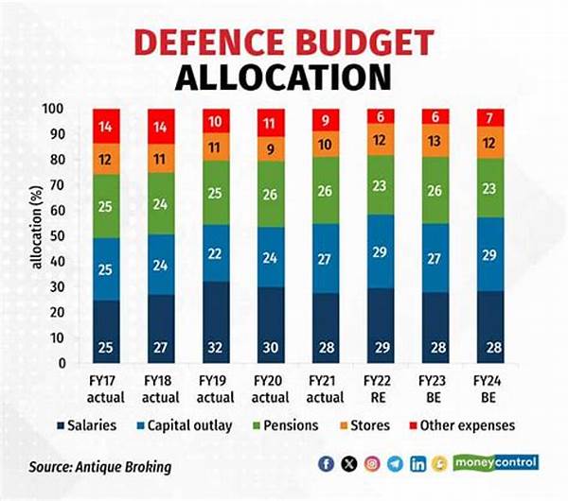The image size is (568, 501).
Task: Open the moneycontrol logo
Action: click(x=496, y=463)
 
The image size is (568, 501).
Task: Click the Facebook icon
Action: click(x=327, y=464)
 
